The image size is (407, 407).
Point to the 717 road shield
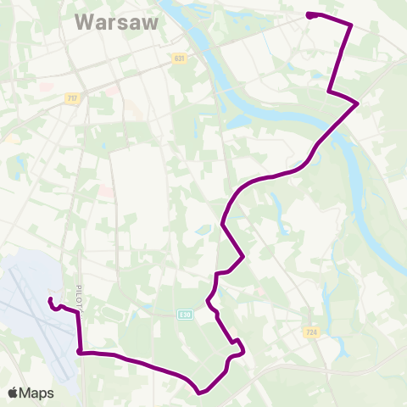73,99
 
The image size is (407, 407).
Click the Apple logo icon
13,393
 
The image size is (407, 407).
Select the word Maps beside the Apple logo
37,393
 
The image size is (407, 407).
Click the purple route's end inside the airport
50,300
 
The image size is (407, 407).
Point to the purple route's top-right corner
351,26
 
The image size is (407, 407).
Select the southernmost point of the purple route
199,393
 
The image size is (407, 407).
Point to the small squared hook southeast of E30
240,345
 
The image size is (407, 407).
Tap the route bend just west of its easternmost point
328,92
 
